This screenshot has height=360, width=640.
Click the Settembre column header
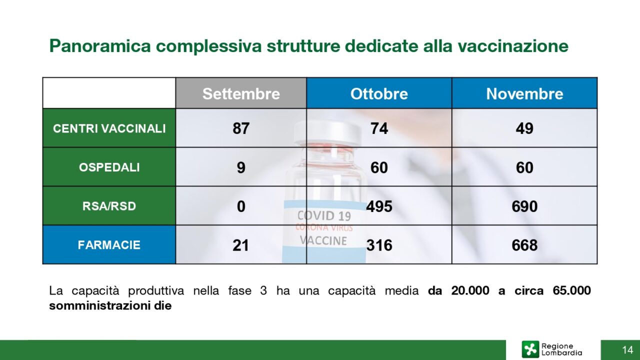point(241,93)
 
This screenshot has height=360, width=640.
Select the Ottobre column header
point(379,93)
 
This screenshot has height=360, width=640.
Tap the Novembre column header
point(524,93)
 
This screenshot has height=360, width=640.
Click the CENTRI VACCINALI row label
point(109,128)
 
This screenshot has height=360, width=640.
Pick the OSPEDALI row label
point(109,167)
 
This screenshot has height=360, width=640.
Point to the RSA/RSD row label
point(109,206)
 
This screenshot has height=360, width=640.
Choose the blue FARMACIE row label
point(109,245)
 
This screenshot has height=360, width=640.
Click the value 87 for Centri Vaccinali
point(241,128)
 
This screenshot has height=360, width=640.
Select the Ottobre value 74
point(379,128)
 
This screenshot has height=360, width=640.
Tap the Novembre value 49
point(524,128)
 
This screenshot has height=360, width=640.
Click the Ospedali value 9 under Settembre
point(241,167)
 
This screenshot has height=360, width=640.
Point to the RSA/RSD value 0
point(241,206)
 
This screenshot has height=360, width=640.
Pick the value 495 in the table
point(379,206)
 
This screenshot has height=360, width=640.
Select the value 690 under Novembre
point(524,206)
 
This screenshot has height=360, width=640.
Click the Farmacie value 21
point(240,245)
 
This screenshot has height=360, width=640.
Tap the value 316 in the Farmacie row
point(379,245)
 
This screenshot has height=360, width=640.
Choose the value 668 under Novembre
point(524,245)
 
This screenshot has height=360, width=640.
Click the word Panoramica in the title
point(100,45)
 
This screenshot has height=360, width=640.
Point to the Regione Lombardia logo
point(551,349)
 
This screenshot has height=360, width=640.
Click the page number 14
point(627,349)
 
